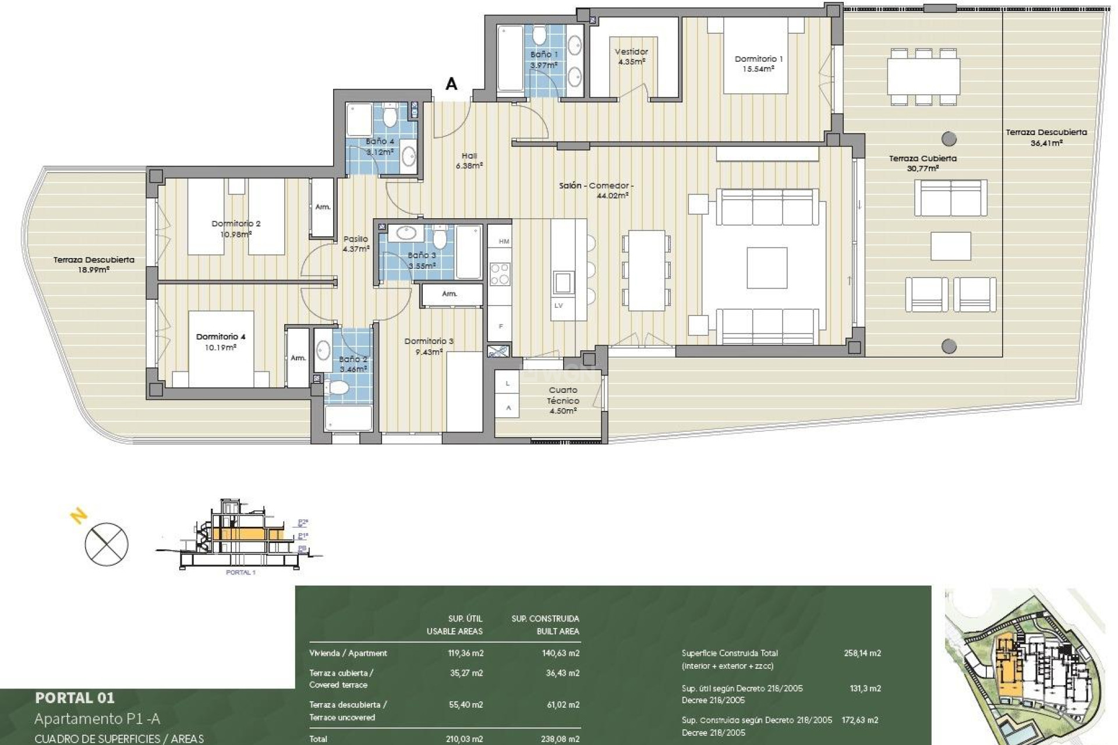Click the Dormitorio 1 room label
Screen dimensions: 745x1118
[x=758, y=63]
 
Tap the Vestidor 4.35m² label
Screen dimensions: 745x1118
[x=631, y=56]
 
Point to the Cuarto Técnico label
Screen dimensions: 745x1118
[x=563, y=400]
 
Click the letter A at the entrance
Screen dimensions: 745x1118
[x=451, y=84]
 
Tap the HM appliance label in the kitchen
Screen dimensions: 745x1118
[x=504, y=241]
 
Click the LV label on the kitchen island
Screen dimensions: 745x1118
[x=558, y=306]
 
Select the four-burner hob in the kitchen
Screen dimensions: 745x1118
[x=500, y=274]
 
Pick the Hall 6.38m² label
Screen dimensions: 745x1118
[x=469, y=161]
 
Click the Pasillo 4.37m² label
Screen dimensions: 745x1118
[x=356, y=244]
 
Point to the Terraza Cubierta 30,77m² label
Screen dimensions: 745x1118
[x=922, y=163]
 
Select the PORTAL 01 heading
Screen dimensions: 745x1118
[x=75, y=697]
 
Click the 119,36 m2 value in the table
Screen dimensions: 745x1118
[x=466, y=653]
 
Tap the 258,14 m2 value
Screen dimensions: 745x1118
[x=862, y=653]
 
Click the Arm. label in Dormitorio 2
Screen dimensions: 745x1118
[x=323, y=207]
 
